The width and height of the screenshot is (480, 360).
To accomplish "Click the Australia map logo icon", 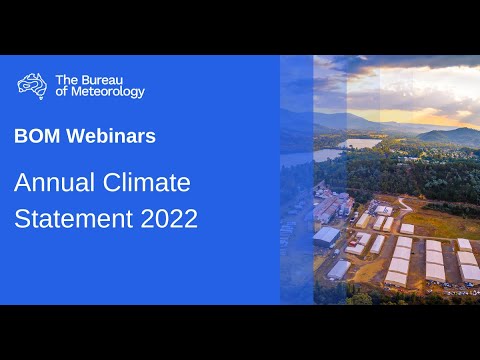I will coord(32,85).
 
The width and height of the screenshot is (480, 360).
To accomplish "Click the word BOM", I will coord(37,137).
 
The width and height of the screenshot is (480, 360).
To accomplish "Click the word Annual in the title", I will coord(52,184).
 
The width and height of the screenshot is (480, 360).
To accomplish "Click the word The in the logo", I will coord(65,78).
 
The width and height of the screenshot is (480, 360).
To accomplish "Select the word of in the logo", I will coord(62,92).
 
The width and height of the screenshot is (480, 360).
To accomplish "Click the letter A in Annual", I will coord(22,184).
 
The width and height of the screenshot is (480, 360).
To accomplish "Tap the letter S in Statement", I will coord(22,217).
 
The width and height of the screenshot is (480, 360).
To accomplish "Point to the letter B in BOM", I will coord(20,137).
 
